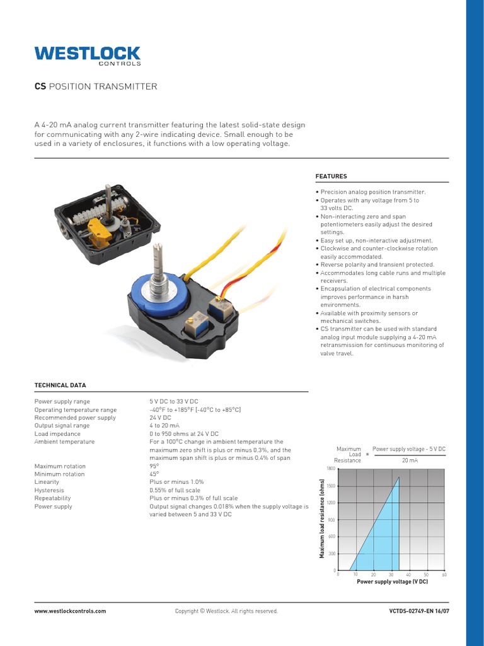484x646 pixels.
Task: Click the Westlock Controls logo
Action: click(x=87, y=56)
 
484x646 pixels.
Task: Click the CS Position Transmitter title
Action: click(x=95, y=86)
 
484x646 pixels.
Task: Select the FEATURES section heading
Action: click(x=331, y=176)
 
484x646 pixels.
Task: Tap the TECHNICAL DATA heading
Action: click(x=60, y=385)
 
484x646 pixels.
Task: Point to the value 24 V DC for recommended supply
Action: click(x=160, y=418)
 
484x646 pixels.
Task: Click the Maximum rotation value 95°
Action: click(x=154, y=466)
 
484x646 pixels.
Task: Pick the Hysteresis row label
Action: click(x=49, y=490)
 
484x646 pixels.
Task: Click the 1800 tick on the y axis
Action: click(x=331, y=469)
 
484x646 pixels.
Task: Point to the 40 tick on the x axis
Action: click(x=408, y=575)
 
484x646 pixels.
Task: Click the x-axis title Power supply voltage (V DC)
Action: click(x=392, y=582)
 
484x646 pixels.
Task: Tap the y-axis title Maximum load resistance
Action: click(x=322, y=519)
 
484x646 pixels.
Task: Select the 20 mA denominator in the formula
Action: click(x=410, y=461)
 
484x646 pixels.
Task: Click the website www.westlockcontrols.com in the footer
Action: click(x=70, y=611)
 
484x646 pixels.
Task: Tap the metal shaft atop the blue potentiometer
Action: click(x=158, y=265)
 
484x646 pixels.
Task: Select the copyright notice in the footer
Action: click(x=226, y=611)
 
